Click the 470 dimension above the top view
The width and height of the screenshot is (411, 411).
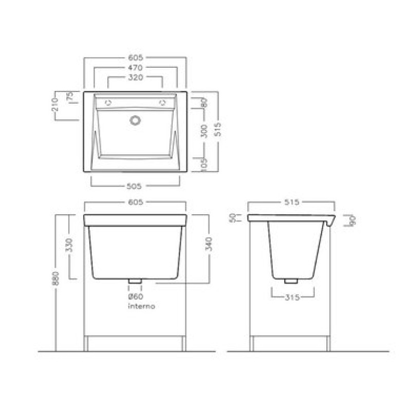[135, 68]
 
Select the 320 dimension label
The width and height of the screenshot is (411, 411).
[136, 78]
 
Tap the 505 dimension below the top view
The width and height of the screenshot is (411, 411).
[134, 186]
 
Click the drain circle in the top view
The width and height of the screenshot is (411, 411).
[135, 120]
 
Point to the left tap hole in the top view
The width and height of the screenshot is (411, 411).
[108, 103]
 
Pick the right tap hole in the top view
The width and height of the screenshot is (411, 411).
[163, 102]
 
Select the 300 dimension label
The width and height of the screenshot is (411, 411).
[204, 131]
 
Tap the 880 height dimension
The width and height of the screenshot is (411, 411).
[57, 278]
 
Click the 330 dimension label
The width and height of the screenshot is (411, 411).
[70, 245]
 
